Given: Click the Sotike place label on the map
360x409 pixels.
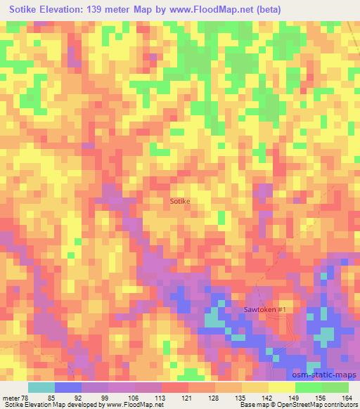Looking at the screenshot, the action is (180, 201).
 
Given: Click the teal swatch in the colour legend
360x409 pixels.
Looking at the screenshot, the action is (41, 387).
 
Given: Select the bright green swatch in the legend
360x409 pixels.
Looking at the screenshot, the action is (309, 387).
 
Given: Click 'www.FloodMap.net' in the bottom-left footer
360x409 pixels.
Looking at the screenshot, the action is (131, 405).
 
